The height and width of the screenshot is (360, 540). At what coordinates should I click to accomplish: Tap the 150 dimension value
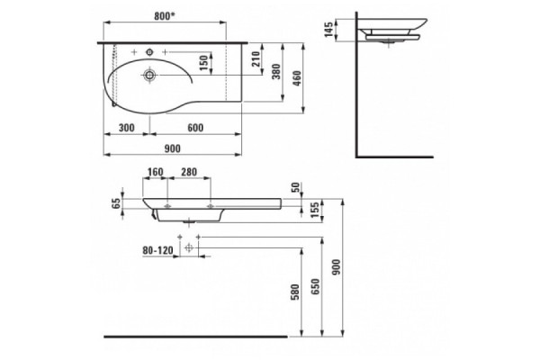tap(204, 63)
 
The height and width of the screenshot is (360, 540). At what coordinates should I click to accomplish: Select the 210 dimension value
tap(256, 59)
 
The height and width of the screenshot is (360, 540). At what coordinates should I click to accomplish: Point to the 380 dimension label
tap(276, 72)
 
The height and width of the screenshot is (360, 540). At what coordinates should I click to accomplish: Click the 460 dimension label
tap(297, 78)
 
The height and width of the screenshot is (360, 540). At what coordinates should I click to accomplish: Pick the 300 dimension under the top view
tap(126, 128)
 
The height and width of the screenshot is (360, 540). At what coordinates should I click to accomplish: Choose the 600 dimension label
tap(195, 128)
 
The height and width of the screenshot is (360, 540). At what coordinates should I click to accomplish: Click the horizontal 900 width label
tap(172, 148)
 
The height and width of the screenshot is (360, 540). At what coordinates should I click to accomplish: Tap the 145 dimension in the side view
tap(328, 30)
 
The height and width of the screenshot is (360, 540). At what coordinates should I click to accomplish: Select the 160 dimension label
tap(155, 172)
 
